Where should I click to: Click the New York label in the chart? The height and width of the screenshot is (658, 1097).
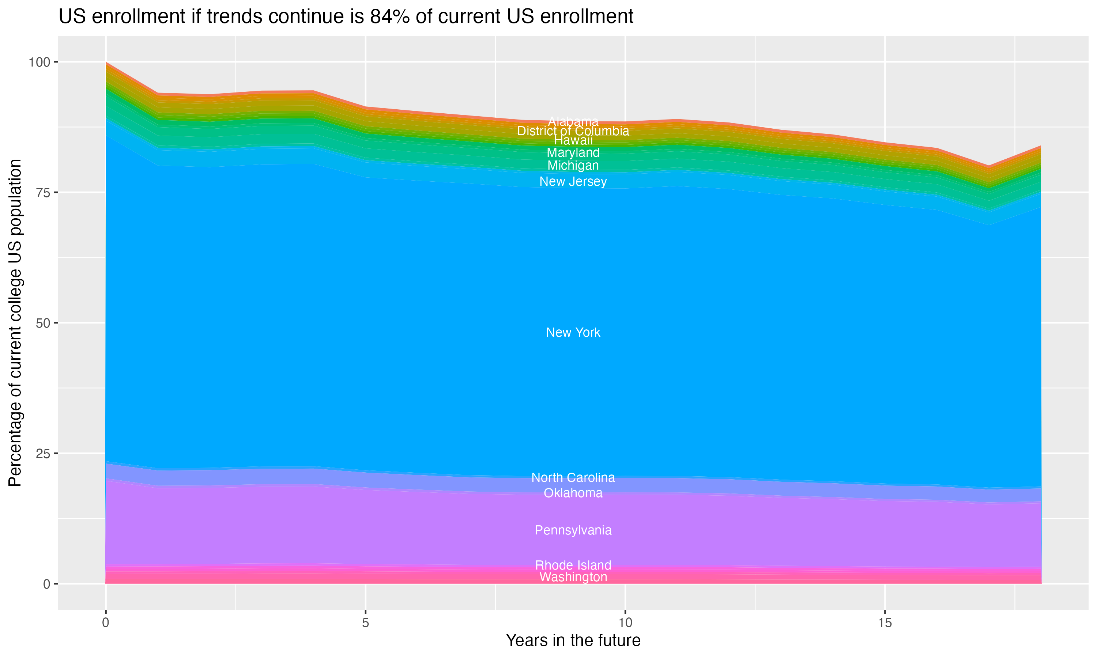[x=573, y=333]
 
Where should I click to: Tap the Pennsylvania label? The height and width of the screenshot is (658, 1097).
[x=573, y=530]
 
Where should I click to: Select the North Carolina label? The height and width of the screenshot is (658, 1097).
[x=573, y=477]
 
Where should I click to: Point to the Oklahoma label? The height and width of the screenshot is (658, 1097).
[x=573, y=493]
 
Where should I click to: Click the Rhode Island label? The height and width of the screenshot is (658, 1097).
[x=573, y=565]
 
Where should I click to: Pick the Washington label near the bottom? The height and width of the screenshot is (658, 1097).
[x=573, y=577]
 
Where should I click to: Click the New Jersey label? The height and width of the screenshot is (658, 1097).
[x=573, y=181]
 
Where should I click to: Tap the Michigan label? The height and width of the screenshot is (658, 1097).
[x=573, y=165]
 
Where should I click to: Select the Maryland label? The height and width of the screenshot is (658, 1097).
[x=573, y=152]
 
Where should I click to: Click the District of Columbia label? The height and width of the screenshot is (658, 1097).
[x=573, y=131]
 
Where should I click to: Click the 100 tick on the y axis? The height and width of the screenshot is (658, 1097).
[x=40, y=62]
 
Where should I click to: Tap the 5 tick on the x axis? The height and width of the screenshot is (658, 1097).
[x=365, y=623]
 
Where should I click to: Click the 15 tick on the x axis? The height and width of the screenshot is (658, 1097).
[x=885, y=623]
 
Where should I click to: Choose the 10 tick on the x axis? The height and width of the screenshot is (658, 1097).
[x=625, y=623]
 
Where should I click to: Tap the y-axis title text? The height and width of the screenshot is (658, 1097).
[x=15, y=322]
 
